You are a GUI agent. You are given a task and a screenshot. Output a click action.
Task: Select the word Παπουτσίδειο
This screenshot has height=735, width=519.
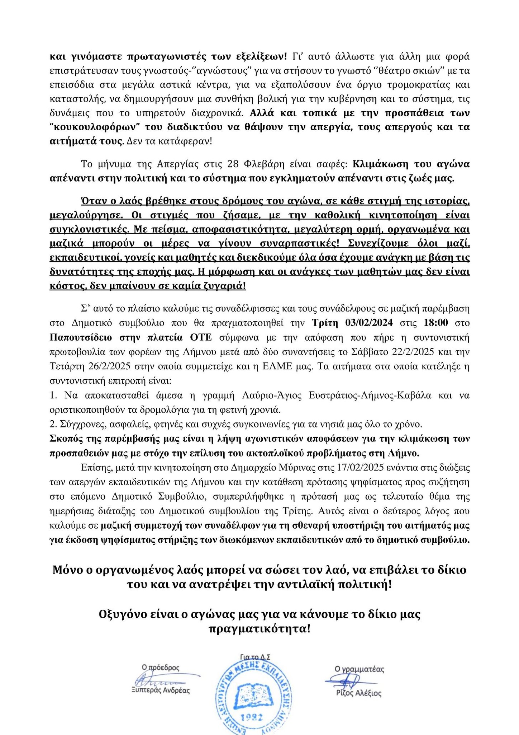coord(79,337)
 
